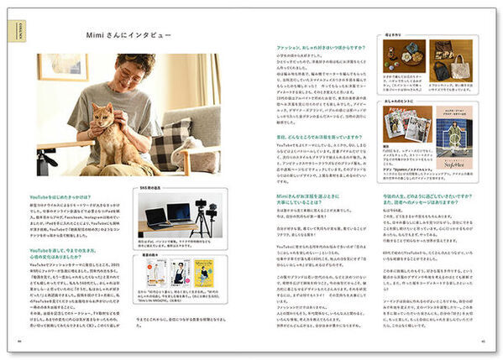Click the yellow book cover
pos(205,272)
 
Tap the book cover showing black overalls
pos(179,272)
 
